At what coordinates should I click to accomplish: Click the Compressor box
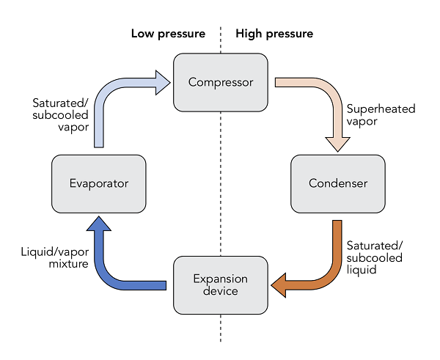tap(221, 83)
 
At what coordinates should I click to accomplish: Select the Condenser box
tap(338, 184)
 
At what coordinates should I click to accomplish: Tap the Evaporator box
tap(99, 184)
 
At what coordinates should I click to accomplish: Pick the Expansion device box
tap(221, 285)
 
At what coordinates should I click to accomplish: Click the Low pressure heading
tap(168, 34)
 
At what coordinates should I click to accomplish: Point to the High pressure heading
tap(274, 34)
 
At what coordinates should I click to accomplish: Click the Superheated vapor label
tap(381, 115)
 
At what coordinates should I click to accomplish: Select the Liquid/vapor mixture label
tap(55, 257)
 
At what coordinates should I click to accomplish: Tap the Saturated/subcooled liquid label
tap(374, 257)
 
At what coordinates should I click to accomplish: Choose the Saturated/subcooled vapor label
tap(60, 115)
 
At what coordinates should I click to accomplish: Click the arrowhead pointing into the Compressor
tap(163, 83)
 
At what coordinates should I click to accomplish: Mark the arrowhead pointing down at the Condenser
tap(337, 144)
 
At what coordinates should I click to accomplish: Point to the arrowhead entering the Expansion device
tap(279, 285)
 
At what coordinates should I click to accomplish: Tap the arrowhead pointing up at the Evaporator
tap(99, 224)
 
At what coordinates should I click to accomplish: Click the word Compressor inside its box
tap(221, 83)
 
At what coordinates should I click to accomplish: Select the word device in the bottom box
tap(221, 291)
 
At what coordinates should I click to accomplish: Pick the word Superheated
tap(381, 109)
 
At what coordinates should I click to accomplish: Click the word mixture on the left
tap(69, 264)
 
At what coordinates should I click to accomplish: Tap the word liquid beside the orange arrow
tap(362, 270)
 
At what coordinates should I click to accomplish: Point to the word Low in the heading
tap(142, 34)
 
